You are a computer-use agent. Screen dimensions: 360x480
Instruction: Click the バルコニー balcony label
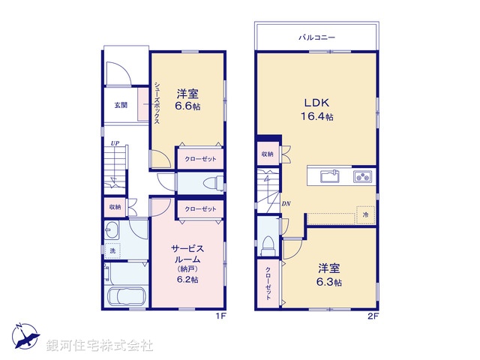point(316,36)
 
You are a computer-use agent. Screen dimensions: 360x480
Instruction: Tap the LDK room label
point(316,103)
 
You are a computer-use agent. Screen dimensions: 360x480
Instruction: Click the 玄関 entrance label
point(121,105)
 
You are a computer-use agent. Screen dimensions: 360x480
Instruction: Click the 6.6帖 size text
point(187,106)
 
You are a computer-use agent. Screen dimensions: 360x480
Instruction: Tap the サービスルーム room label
point(187,253)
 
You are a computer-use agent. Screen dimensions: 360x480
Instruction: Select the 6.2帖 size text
point(187,279)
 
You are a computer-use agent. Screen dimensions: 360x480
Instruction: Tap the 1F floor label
point(221,316)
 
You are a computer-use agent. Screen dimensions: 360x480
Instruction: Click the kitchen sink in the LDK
point(330,177)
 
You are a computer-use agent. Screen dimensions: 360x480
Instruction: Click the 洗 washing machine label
point(112,251)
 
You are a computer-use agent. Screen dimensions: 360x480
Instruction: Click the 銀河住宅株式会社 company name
point(100,346)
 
